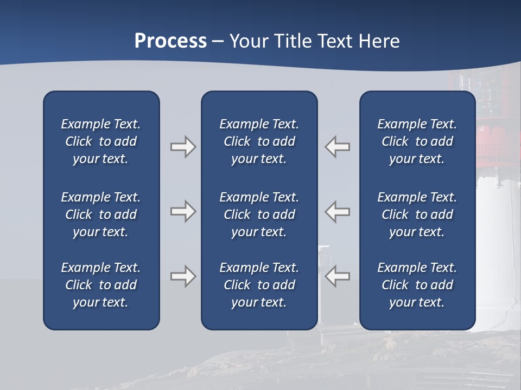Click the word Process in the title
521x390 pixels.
click(x=170, y=41)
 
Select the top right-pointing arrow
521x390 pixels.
click(x=183, y=147)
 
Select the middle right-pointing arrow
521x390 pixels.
click(x=183, y=211)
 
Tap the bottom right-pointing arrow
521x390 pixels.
click(x=183, y=276)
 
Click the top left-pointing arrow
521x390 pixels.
click(x=338, y=147)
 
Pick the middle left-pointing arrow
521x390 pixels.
click(x=338, y=211)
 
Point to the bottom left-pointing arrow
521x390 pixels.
click(x=338, y=276)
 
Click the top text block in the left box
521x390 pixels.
click(x=101, y=141)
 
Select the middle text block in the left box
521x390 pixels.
click(x=101, y=214)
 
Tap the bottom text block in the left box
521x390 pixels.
click(x=101, y=285)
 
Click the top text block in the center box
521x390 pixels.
click(x=259, y=141)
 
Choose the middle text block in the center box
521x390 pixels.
click(x=259, y=214)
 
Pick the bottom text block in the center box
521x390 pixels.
click(x=259, y=285)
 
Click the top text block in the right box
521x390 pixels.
click(x=417, y=141)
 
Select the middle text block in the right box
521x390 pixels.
click(x=417, y=214)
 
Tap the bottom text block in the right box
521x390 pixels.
click(x=417, y=285)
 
